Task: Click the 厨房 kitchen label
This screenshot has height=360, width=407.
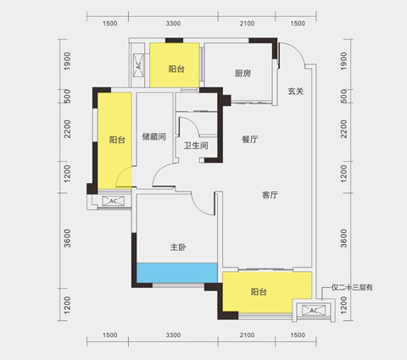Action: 243,73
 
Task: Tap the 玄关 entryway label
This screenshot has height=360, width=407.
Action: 295,91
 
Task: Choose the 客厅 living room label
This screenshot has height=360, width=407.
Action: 270,195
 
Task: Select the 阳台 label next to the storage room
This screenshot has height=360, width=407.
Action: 115,141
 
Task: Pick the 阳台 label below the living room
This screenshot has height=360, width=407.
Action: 259,293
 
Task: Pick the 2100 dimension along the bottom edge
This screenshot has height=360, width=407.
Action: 245,336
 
